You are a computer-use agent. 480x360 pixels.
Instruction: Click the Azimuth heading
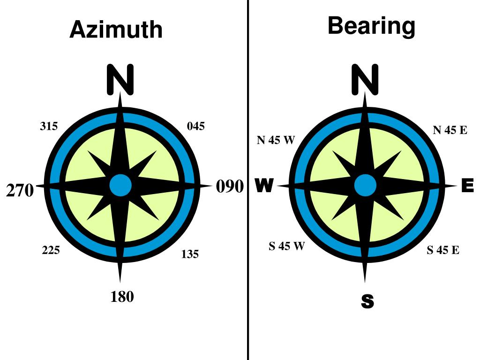116,30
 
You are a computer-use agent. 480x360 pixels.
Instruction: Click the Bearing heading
371,26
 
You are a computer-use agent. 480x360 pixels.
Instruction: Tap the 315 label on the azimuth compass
49,126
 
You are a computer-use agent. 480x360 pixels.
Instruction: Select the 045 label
196,126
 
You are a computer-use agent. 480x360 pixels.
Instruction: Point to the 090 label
230,187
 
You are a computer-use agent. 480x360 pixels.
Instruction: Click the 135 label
190,254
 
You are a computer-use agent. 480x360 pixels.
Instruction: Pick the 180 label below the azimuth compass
122,297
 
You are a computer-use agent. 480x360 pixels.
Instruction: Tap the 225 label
51,250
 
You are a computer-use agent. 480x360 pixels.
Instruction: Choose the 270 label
20,191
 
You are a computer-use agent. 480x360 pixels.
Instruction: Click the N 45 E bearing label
450,130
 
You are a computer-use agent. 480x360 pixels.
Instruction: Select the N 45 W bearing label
276,140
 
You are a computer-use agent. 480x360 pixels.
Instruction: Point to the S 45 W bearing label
286,246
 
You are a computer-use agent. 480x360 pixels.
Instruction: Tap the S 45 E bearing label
443,250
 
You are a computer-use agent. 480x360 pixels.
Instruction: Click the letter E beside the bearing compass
467,186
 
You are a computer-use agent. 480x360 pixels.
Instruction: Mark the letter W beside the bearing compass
264,186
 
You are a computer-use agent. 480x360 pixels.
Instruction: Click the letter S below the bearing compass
367,302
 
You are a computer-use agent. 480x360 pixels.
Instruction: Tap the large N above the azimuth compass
120,79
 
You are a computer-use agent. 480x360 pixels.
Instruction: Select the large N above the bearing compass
365,79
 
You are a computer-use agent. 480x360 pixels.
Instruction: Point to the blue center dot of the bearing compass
365,186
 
